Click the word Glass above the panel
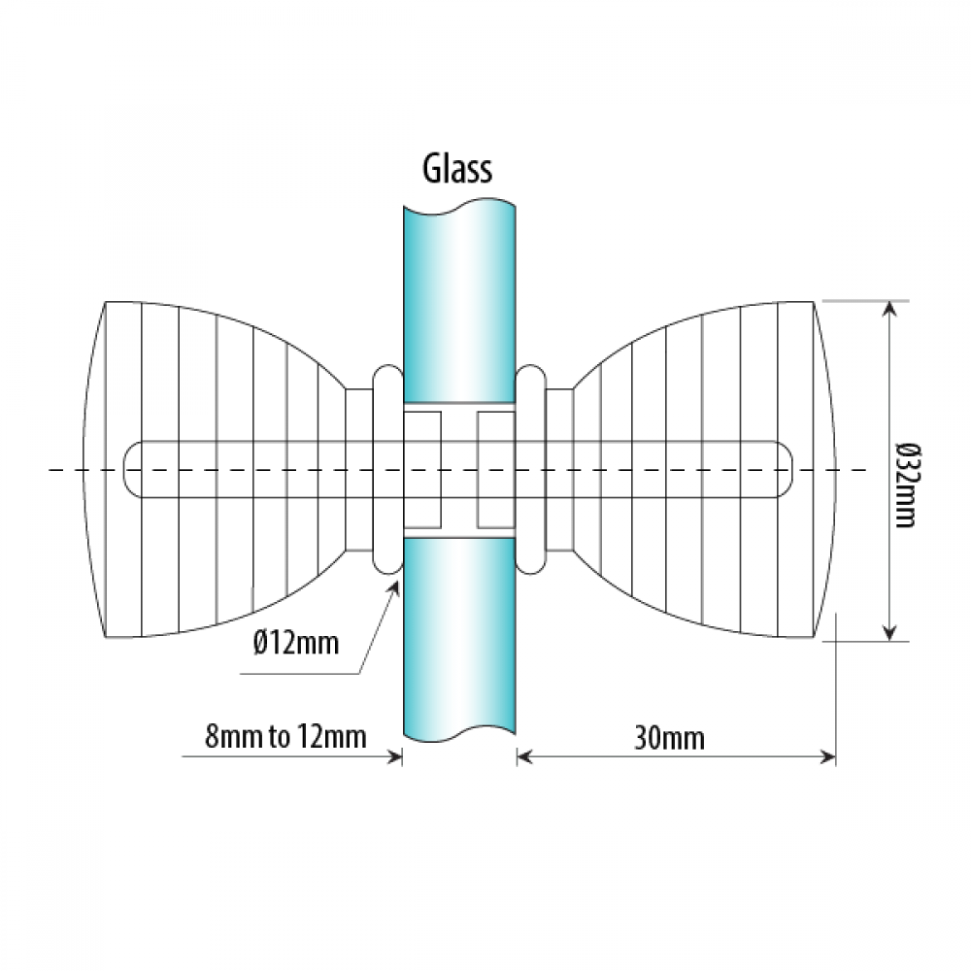click(457, 168)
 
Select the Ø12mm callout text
click(296, 643)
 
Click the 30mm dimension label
click(669, 738)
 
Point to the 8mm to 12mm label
click(285, 737)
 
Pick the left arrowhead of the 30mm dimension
click(525, 756)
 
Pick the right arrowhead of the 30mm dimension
click(827, 756)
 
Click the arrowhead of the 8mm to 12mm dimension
click(394, 756)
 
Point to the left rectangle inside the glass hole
click(422, 469)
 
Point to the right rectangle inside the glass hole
click(496, 469)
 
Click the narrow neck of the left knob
click(359, 469)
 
